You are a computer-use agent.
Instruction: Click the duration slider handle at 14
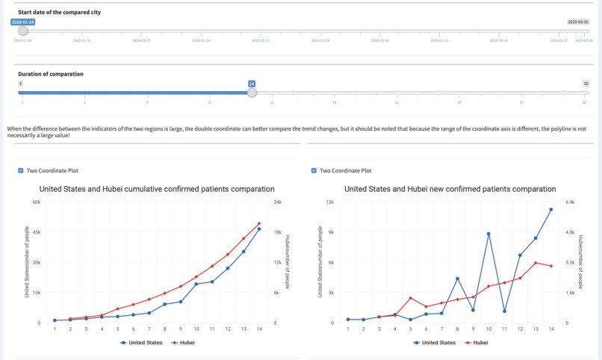point(252,93)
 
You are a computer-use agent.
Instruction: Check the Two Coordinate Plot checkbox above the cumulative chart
point(20,170)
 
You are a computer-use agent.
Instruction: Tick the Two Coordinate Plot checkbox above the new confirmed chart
point(313,170)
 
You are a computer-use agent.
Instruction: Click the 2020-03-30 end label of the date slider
point(578,22)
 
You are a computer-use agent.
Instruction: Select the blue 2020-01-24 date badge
point(22,22)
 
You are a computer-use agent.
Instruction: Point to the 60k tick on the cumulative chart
point(37,202)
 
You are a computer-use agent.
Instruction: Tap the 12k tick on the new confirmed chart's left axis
point(329,202)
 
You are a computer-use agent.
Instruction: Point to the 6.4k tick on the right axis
point(570,202)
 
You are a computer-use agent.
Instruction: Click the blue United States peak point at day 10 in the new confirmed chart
point(488,234)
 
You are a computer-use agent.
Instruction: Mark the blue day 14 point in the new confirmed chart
point(551,210)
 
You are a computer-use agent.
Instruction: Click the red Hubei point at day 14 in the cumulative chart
point(259,223)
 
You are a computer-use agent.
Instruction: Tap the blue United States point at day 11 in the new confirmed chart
point(504,311)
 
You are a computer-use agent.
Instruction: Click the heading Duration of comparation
point(51,74)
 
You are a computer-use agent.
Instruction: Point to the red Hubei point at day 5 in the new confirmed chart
point(410,298)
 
